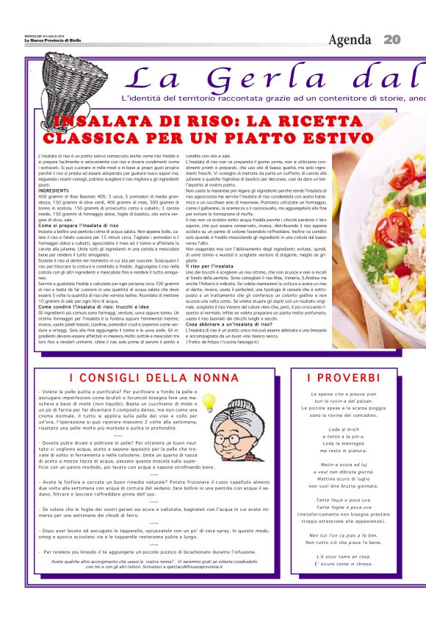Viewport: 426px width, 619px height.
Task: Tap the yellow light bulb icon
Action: (x=209, y=402)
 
